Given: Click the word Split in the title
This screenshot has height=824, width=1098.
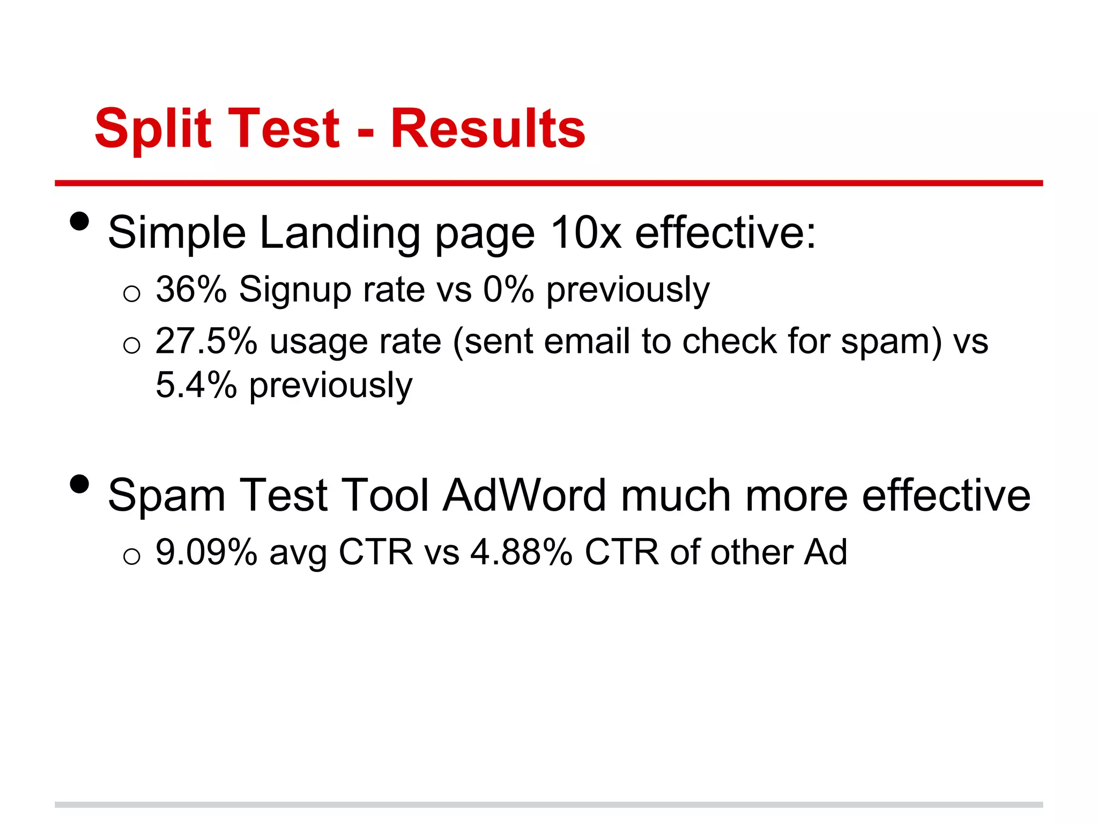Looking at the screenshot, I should pos(153,129).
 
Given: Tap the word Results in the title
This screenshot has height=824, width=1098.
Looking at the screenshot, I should pos(487,129).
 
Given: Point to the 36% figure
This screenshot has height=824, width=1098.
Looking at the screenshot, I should pos(191,290).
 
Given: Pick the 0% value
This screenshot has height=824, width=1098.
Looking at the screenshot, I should pos(508,290).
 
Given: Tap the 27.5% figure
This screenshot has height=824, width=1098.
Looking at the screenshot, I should pos(206,341).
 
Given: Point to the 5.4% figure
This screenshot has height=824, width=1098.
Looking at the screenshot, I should pos(196,385).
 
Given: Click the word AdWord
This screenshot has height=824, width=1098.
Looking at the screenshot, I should pos(525,495).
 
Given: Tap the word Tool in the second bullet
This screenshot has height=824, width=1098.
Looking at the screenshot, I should pos(385,495).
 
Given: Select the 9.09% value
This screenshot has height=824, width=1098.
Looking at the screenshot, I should pos(206,552).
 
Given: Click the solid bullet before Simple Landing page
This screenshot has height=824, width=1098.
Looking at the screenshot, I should pos(79,221).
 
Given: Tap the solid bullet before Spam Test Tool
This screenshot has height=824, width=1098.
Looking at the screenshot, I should pos(79,484).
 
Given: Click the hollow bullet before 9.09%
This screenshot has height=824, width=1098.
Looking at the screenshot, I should pos(131,557).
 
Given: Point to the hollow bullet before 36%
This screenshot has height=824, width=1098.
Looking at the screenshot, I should pos(131,294).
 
